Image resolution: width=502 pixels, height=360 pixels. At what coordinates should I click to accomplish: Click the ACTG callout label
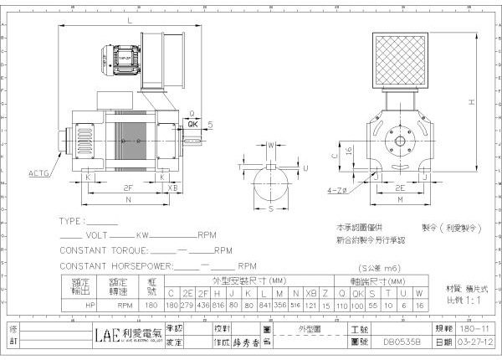(x=39, y=173)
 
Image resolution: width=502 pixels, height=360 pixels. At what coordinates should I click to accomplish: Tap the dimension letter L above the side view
(x=130, y=18)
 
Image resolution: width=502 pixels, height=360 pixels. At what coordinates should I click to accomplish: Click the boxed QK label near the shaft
(x=193, y=122)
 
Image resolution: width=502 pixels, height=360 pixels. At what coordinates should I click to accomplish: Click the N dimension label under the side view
(x=128, y=201)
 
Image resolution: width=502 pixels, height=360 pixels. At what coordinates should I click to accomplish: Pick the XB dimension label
(x=172, y=188)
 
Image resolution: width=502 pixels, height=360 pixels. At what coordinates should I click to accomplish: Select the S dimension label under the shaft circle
(x=271, y=209)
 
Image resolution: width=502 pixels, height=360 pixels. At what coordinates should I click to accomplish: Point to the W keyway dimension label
(x=271, y=145)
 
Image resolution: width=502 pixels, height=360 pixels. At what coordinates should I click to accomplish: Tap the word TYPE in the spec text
(x=72, y=222)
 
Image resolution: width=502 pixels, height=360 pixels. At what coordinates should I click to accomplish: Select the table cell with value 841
(x=265, y=306)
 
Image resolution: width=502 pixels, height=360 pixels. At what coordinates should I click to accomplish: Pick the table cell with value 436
(x=202, y=306)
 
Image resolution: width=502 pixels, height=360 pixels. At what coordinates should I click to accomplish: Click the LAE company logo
(x=105, y=335)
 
